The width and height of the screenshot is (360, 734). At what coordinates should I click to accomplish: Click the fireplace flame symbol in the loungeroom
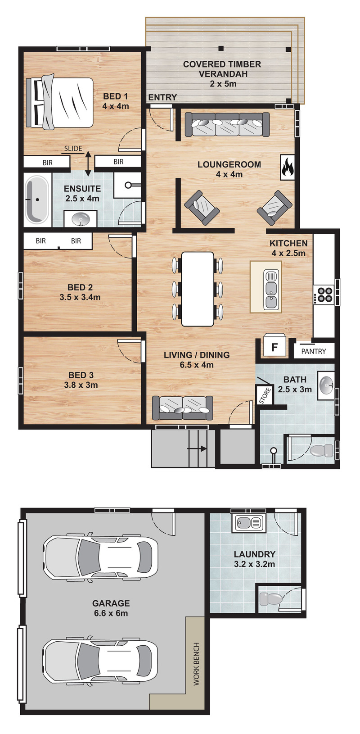tap(288, 168)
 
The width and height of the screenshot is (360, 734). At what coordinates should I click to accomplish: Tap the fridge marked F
tap(275, 346)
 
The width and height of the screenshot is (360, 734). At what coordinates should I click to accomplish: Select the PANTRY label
tap(314, 352)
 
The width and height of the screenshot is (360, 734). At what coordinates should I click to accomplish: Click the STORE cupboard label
tap(265, 395)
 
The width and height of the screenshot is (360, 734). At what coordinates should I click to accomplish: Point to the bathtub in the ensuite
tap(37, 199)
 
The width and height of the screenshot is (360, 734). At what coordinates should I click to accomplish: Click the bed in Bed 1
tap(60, 103)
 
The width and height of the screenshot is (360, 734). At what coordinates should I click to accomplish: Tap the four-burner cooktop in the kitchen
tap(324, 294)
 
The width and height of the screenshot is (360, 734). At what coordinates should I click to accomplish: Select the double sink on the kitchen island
tap(271, 290)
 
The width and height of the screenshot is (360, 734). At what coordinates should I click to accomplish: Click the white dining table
tap(198, 289)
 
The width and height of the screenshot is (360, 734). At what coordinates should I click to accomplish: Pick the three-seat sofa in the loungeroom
tap(227, 125)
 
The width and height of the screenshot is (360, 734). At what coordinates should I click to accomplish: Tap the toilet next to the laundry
tap(270, 599)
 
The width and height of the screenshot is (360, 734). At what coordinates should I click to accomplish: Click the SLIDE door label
tap(73, 149)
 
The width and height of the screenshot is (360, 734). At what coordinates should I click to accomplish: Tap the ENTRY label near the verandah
tap(162, 97)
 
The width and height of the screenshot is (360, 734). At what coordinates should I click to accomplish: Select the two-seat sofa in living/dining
tap(182, 408)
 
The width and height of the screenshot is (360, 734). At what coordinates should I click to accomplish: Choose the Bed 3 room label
tap(81, 380)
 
